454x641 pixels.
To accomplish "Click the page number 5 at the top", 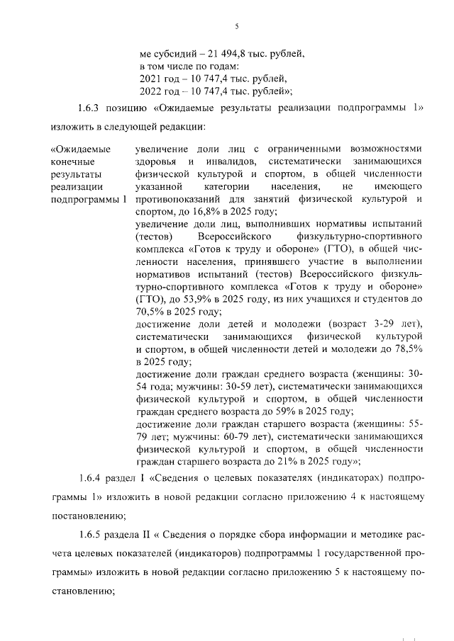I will pyautogui.click(x=236, y=27).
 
